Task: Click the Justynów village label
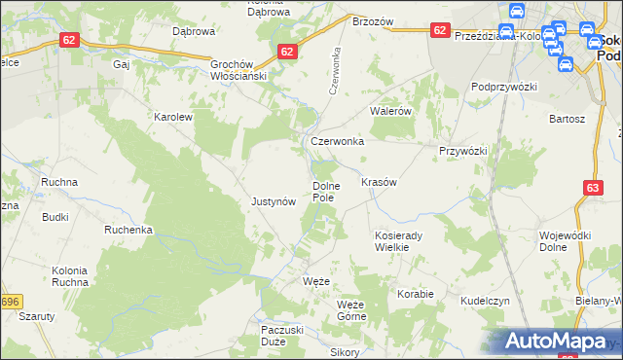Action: click(x=273, y=201)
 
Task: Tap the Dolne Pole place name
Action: click(x=323, y=191)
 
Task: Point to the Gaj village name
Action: click(x=122, y=64)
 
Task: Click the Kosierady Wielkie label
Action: click(x=396, y=241)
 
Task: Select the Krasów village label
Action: click(x=379, y=182)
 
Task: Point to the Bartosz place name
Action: click(x=567, y=118)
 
